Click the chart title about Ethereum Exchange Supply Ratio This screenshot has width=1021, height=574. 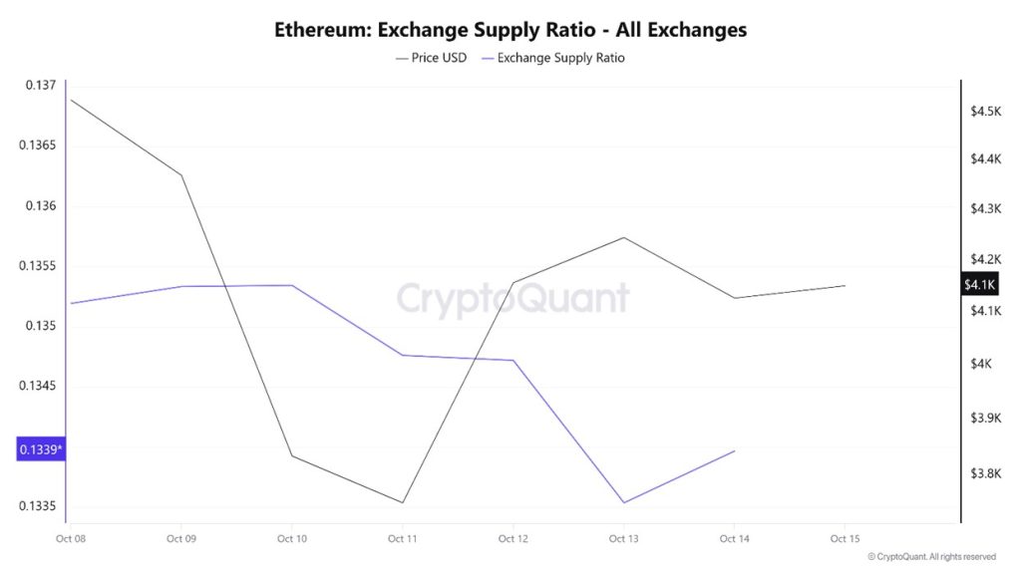tap(510, 30)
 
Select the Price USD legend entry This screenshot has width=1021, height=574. tap(431, 58)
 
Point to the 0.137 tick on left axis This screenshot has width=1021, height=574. tap(40, 86)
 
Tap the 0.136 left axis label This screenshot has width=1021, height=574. tap(40, 206)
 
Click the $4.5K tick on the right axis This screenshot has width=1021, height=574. tap(985, 111)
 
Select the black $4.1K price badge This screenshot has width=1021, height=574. tap(979, 285)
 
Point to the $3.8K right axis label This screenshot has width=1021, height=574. tap(985, 473)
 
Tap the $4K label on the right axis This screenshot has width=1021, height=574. tap(982, 364)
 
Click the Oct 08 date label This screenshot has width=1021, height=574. tap(71, 539)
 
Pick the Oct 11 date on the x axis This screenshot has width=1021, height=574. tap(402, 539)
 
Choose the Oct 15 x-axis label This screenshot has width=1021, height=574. tap(845, 539)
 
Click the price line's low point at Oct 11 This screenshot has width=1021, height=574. tap(403, 502)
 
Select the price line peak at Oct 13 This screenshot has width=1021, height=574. tap(623, 237)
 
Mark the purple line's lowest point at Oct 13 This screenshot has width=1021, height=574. tap(623, 502)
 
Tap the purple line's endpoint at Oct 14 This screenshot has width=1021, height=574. tap(735, 450)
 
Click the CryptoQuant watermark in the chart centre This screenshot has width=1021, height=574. tap(512, 298)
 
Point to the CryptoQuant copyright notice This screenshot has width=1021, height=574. tap(931, 557)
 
